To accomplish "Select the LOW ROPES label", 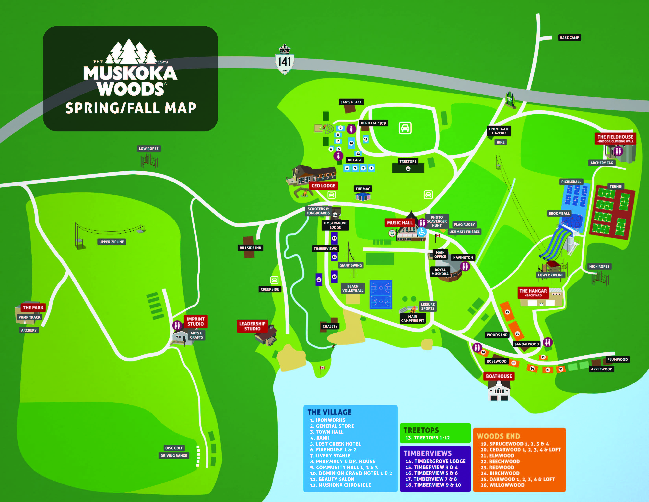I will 148,149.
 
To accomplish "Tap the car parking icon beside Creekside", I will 274,280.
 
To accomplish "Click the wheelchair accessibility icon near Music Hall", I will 421,232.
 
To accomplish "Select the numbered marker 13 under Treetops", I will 408,169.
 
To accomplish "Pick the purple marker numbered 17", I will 319,280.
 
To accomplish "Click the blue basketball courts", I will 381,295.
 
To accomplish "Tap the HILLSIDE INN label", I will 250,248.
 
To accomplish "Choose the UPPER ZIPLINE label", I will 112,242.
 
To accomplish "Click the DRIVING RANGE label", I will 174,456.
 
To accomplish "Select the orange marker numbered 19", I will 507,312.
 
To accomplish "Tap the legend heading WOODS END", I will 498,436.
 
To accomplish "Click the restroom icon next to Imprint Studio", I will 177,325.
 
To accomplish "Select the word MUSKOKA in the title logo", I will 130,73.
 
